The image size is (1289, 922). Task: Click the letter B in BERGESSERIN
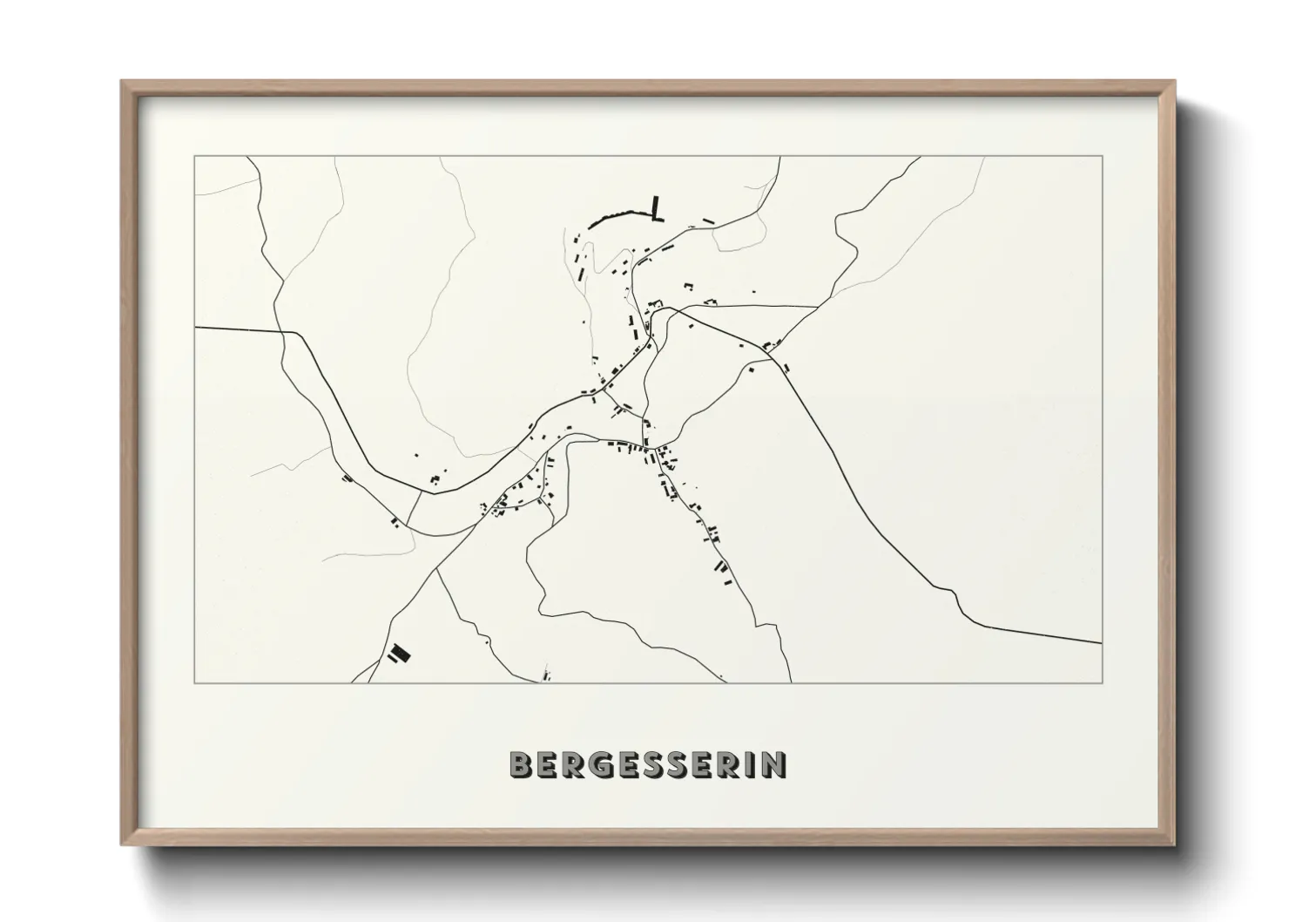coord(522,764)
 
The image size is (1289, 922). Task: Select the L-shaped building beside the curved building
coord(655,209)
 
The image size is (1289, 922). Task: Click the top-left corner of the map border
coord(194,157)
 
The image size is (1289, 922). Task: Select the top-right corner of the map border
coord(1102,157)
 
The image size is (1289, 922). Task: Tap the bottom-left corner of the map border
coord(194,682)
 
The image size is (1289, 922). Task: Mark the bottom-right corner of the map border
coord(1102,682)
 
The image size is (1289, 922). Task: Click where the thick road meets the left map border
coord(195,328)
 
